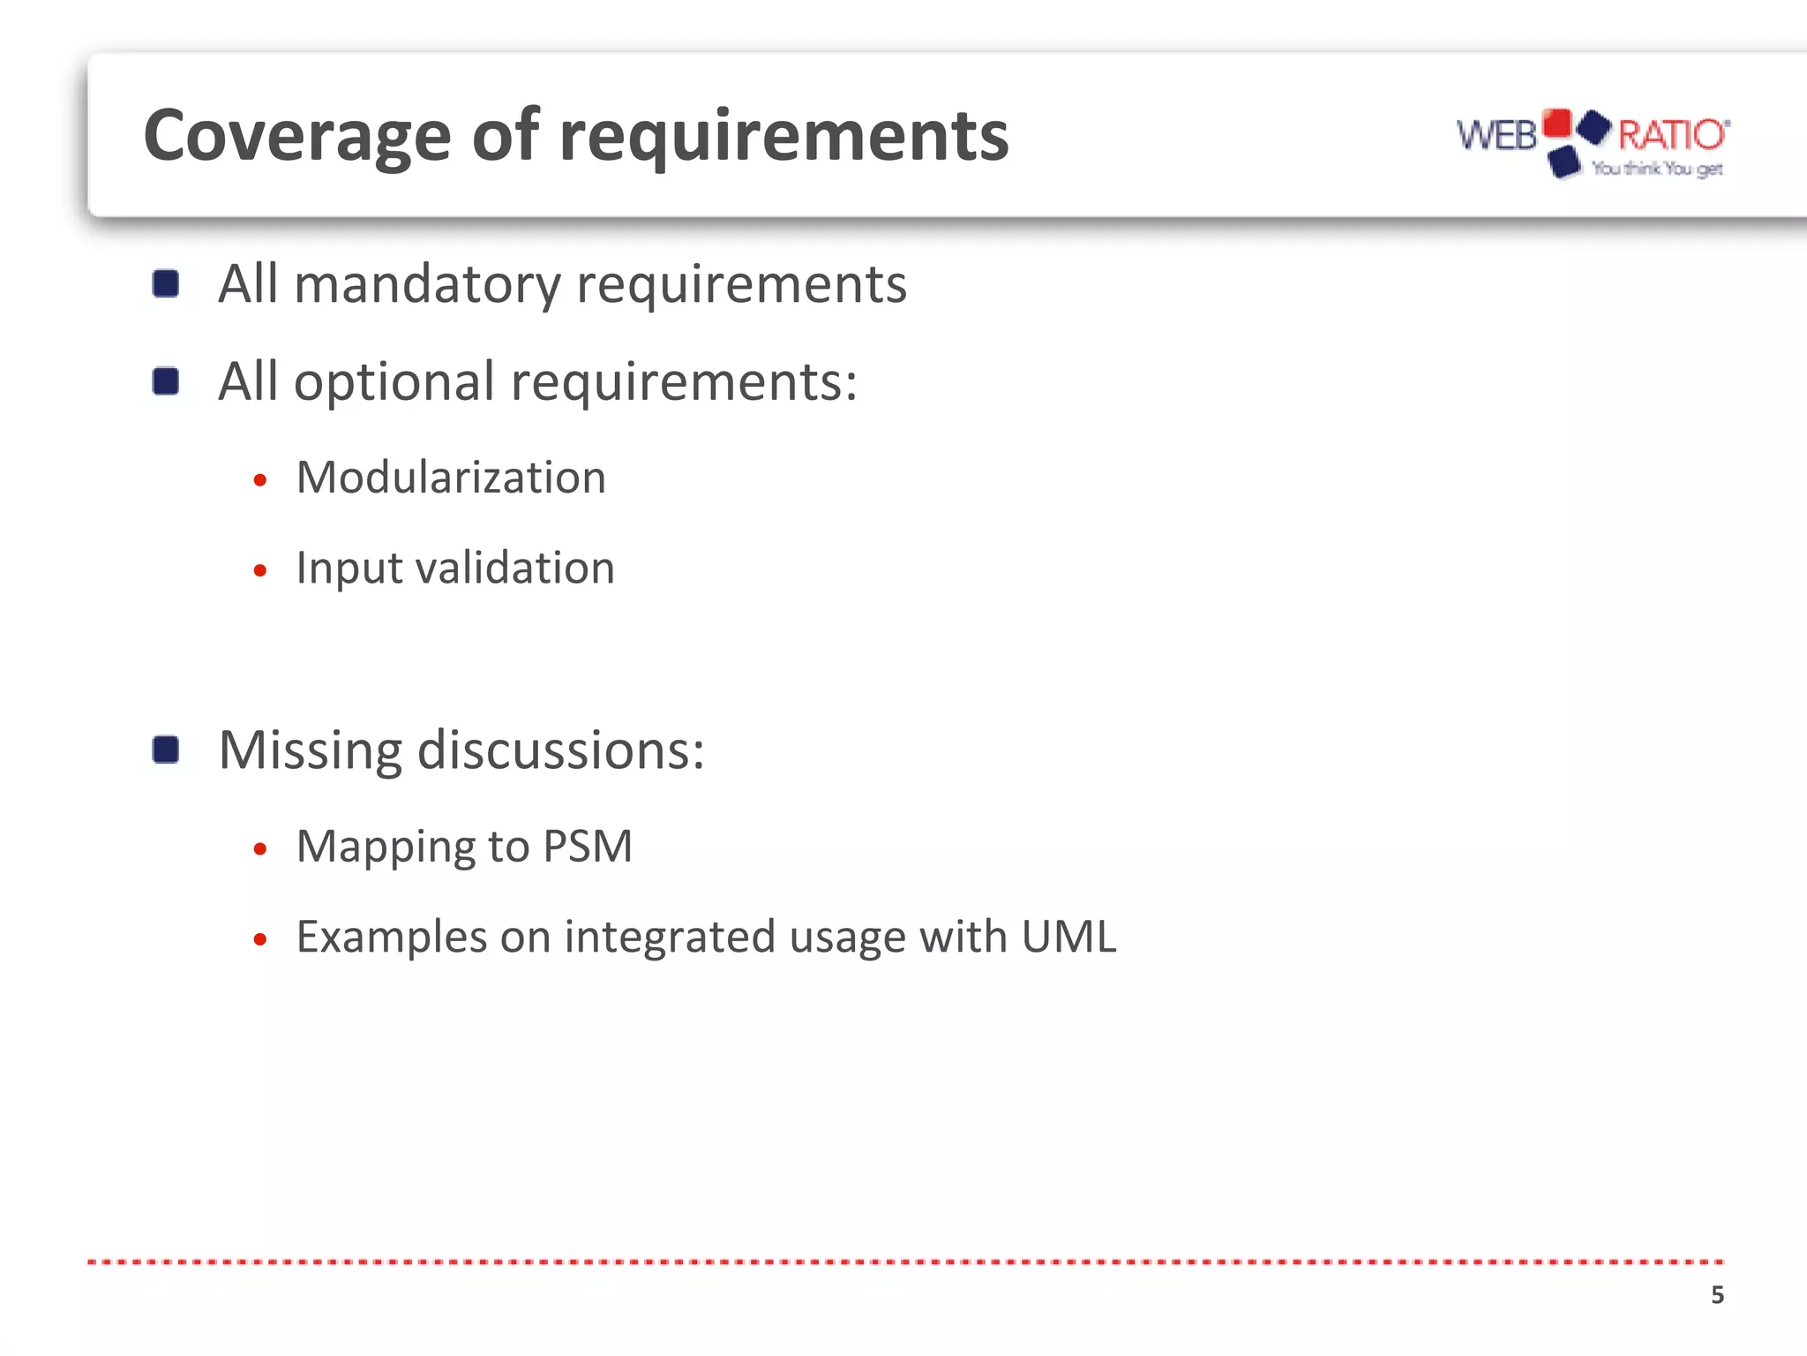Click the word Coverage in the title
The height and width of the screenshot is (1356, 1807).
(296, 137)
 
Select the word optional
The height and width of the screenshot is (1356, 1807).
(394, 382)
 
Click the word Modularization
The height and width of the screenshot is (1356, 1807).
(451, 478)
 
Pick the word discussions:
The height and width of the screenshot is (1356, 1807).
(560, 750)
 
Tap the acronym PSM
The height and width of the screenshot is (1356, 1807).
(588, 847)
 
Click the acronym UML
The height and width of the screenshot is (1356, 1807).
(1068, 937)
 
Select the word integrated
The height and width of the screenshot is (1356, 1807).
(670, 937)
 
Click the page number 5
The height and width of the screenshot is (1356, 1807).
(1717, 1295)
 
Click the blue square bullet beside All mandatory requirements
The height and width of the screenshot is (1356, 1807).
(166, 284)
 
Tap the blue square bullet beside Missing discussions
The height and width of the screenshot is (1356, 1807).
(166, 750)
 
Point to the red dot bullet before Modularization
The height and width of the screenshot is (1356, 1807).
(259, 481)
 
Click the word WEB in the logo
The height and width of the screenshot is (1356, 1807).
(1496, 136)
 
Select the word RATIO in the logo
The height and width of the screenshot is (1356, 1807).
(1670, 135)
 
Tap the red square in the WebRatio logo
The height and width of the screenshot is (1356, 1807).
(1557, 123)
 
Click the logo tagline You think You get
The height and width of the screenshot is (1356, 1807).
(1657, 168)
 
